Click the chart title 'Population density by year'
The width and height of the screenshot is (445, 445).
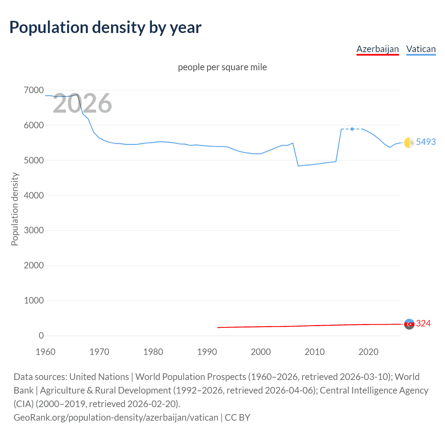click(x=105, y=27)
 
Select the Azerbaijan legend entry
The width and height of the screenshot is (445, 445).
click(x=378, y=49)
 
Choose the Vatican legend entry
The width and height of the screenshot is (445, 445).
click(x=421, y=49)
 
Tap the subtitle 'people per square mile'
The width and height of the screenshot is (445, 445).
click(x=222, y=67)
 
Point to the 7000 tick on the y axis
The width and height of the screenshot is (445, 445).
click(x=34, y=90)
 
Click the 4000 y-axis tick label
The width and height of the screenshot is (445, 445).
click(x=34, y=195)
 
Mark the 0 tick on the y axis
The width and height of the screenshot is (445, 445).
click(x=41, y=335)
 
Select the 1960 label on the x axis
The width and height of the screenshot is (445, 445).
click(x=46, y=352)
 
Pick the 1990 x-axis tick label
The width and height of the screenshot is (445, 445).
click(x=207, y=352)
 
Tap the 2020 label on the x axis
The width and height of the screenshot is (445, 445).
click(x=369, y=352)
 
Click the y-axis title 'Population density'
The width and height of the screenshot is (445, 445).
click(x=15, y=209)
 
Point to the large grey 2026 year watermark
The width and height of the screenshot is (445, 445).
click(x=82, y=103)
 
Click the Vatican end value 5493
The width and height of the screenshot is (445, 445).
click(x=426, y=142)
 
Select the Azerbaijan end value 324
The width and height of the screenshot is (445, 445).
click(x=423, y=323)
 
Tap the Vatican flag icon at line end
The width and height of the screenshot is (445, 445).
click(x=409, y=143)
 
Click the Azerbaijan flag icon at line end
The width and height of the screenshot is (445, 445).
click(x=409, y=324)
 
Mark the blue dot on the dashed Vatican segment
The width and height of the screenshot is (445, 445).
click(x=352, y=129)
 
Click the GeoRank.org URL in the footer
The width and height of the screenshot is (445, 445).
click(x=116, y=417)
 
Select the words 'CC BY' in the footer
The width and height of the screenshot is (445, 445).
click(x=237, y=417)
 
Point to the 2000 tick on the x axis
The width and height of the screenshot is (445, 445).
click(x=261, y=352)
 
